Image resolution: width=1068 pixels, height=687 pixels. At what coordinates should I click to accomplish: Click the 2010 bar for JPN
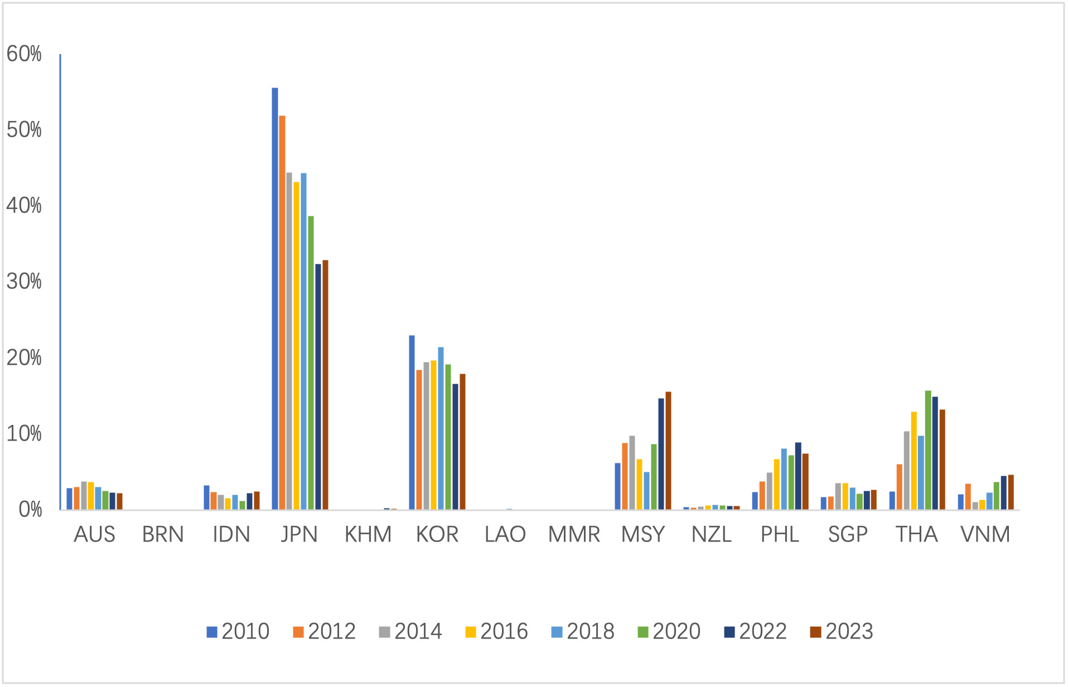click(274, 298)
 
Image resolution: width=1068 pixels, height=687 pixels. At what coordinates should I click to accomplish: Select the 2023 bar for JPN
click(325, 385)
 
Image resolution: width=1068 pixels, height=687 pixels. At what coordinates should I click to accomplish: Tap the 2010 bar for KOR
click(412, 422)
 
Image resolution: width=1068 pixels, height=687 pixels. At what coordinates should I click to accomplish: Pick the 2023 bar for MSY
click(668, 451)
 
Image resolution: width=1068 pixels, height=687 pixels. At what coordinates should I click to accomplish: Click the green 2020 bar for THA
click(928, 450)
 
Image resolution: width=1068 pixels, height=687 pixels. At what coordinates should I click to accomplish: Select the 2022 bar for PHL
click(798, 476)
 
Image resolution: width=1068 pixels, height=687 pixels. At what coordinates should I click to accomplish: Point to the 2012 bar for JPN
click(282, 312)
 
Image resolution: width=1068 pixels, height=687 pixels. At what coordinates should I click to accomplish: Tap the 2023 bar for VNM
click(1011, 492)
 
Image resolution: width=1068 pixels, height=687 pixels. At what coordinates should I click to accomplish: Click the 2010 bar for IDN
click(206, 497)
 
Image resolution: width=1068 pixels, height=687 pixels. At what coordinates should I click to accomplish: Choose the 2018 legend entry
click(582, 631)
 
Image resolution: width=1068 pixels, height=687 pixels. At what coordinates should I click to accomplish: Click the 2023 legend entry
click(841, 631)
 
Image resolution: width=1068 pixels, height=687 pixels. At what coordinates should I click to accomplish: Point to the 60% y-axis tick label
click(24, 54)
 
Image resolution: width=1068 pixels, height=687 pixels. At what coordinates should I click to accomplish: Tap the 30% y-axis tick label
click(24, 282)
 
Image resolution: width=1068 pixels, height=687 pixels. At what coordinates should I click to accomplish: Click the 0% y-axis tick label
click(30, 510)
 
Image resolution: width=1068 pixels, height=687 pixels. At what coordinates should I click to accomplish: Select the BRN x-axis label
click(163, 535)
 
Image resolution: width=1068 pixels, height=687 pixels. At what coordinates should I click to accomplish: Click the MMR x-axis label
click(574, 535)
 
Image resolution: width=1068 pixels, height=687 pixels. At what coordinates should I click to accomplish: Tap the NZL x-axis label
click(711, 535)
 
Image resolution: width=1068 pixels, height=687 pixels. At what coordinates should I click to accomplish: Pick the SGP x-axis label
click(848, 535)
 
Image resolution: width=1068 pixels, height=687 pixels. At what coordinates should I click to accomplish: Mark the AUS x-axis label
click(94, 535)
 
